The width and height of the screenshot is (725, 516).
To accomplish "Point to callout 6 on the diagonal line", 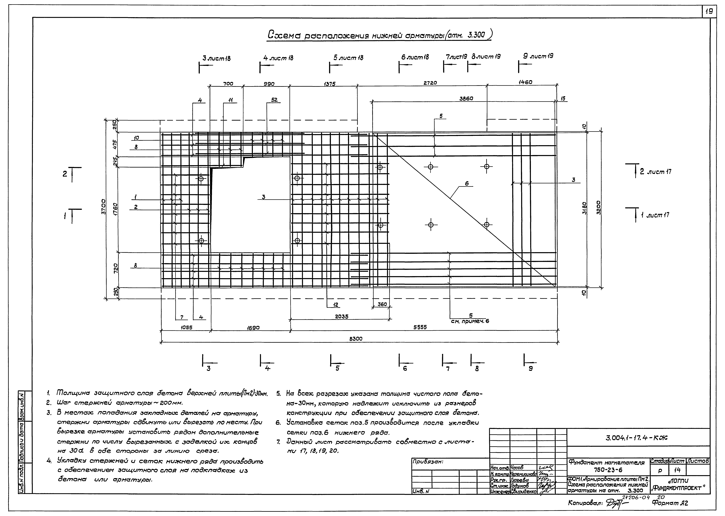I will click(x=467, y=183).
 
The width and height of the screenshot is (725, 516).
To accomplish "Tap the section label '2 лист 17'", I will click(x=655, y=172).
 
